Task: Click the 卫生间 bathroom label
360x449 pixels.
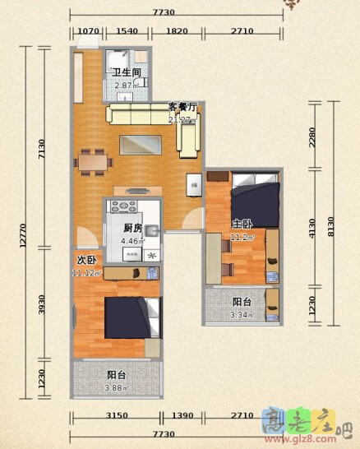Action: click(x=127, y=72)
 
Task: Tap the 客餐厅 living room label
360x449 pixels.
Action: click(x=182, y=107)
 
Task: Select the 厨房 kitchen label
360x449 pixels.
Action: click(x=133, y=228)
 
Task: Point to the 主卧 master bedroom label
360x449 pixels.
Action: click(x=242, y=224)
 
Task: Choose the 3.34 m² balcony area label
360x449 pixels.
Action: click(x=242, y=314)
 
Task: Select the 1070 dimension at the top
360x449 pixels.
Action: click(x=88, y=32)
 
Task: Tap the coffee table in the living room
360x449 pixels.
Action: click(x=148, y=144)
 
